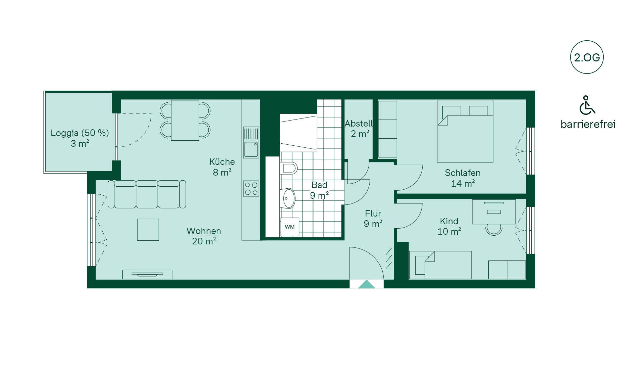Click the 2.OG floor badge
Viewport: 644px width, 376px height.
tap(587, 57)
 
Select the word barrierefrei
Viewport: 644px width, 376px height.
tap(588, 124)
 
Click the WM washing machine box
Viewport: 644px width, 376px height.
tap(290, 227)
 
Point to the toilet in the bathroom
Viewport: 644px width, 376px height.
tap(288, 168)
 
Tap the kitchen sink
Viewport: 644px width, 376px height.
tap(251, 142)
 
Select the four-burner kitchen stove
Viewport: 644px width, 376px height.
tap(251, 188)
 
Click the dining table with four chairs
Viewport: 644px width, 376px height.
tap(185, 120)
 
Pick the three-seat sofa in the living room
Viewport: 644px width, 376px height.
tap(147, 194)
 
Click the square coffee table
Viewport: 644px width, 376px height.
tap(148, 230)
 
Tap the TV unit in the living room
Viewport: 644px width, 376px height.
tap(147, 274)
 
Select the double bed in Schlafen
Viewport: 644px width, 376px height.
tap(465, 131)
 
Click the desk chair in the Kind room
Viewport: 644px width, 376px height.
tap(494, 229)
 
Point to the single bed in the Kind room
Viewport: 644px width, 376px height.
tap(440, 265)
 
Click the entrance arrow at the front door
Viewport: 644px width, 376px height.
tap(367, 284)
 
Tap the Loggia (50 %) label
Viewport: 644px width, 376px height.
tap(80, 133)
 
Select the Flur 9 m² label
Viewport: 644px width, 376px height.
tap(373, 219)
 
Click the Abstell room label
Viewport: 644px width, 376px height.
tap(359, 124)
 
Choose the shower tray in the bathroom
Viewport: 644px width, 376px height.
tap(298, 133)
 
